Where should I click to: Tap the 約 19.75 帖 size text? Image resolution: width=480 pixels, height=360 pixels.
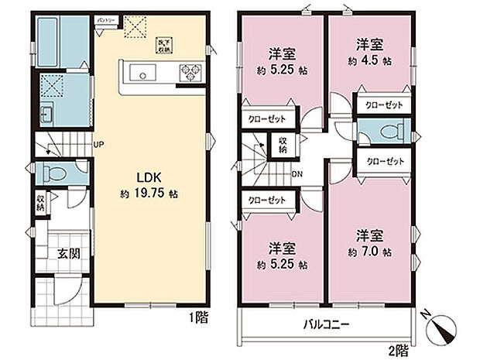149,194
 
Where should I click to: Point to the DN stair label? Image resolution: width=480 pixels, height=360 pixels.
297,173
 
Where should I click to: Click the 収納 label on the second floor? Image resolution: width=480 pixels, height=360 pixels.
283,144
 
